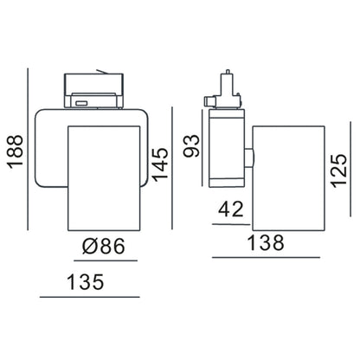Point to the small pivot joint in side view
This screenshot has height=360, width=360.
(248, 157)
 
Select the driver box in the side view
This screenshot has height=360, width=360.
(227, 151)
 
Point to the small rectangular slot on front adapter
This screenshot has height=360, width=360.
(80, 102)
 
